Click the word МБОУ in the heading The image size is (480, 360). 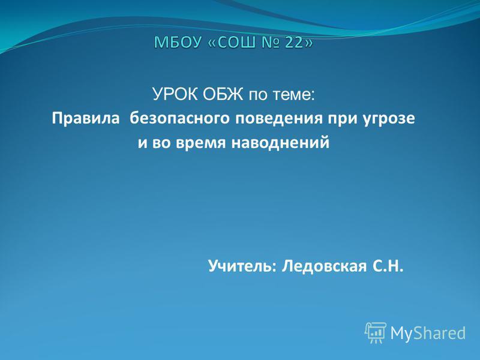(x=177, y=42)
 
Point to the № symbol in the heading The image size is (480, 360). (x=270, y=42)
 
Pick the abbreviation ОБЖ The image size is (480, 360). (x=223, y=94)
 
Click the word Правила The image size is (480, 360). (x=86, y=118)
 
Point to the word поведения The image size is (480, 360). (x=279, y=119)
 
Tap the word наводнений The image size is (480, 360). (x=280, y=143)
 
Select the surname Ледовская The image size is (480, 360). (x=324, y=266)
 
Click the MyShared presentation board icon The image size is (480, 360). (x=376, y=333)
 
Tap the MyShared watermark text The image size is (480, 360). (x=428, y=333)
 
